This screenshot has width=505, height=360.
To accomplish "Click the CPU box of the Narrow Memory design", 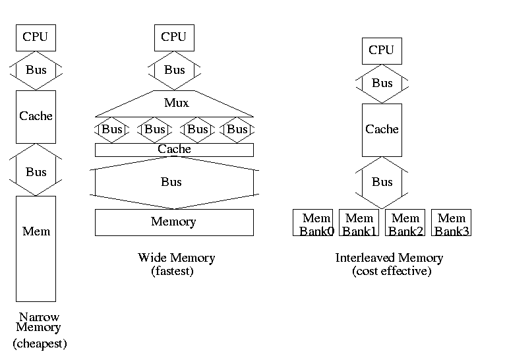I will click(36, 38).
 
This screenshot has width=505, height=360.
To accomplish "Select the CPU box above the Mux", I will click(174, 38).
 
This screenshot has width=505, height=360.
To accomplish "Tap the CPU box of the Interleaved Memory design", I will click(382, 51).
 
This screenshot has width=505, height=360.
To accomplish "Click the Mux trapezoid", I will click(175, 104).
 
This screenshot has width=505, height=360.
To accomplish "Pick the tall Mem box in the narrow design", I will click(36, 248).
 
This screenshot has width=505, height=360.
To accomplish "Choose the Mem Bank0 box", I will click(312, 223).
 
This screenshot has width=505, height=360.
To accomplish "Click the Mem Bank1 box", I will click(359, 223).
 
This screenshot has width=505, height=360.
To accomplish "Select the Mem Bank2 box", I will click(405, 223).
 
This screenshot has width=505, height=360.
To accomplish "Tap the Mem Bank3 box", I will click(451, 223).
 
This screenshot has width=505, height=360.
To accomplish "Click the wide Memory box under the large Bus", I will click(174, 222).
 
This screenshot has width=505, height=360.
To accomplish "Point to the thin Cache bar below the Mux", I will click(174, 150).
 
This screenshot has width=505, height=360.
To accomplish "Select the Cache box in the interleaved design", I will click(382, 129).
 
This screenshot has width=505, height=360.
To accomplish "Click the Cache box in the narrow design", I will click(36, 117).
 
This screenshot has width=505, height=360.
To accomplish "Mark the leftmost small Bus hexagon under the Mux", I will click(112, 129).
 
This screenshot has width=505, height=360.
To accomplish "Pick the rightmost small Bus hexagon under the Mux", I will click(237, 129).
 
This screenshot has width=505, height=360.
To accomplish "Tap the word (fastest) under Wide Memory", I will click(173, 270).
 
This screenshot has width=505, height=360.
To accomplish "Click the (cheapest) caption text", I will click(40, 344).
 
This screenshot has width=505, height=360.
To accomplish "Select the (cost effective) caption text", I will click(392, 270).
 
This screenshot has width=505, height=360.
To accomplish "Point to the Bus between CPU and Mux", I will click(174, 70).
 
